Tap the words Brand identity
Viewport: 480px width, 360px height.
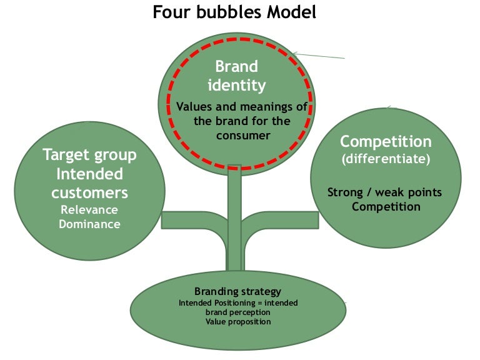click(x=236, y=75)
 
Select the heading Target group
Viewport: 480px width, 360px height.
click(x=89, y=154)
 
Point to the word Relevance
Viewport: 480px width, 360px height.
click(x=89, y=209)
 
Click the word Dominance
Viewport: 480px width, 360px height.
click(x=89, y=223)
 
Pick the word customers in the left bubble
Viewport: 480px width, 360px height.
click(x=89, y=192)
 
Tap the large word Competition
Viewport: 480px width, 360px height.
click(x=386, y=141)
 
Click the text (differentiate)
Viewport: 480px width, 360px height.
click(x=386, y=159)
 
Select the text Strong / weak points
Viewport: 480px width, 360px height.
click(x=385, y=192)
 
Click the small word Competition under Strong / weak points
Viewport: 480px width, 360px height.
click(x=386, y=206)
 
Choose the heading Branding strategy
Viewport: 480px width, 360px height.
click(x=237, y=291)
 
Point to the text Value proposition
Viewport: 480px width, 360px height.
click(x=237, y=321)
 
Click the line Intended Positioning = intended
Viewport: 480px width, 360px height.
click(x=238, y=302)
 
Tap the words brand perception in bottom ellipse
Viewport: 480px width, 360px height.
click(x=237, y=312)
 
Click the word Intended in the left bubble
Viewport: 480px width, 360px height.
click(x=89, y=173)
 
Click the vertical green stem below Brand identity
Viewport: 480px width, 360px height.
click(x=234, y=219)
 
